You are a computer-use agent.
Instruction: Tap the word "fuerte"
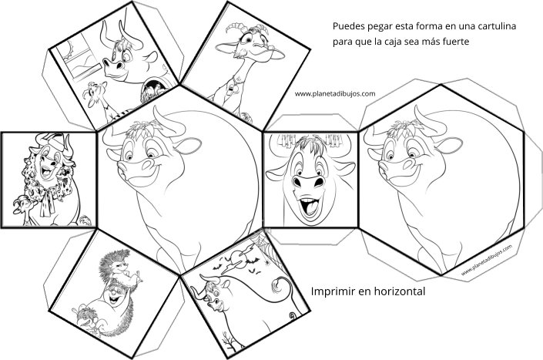(456, 42)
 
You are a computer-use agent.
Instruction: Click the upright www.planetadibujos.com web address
(335, 93)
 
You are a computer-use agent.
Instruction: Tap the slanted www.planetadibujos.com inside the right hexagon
(487, 260)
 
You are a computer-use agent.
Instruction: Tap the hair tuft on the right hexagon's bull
(403, 127)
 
